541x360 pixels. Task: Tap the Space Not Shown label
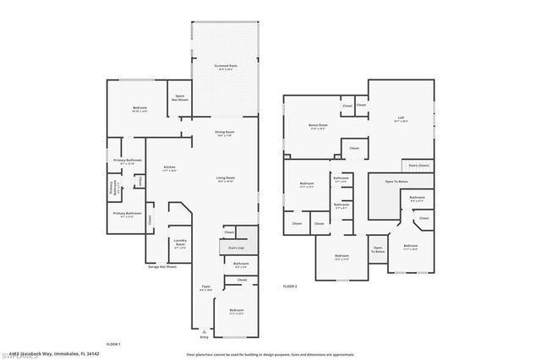point(180,98)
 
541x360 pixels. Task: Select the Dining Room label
point(224,133)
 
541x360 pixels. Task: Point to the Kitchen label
point(169,168)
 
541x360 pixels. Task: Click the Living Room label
point(225,178)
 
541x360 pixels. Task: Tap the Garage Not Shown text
point(161,266)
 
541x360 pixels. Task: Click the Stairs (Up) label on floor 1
point(236,248)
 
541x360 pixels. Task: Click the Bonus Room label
point(318,126)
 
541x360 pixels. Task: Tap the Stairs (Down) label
point(418,166)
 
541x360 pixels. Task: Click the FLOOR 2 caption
point(290,287)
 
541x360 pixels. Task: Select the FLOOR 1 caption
point(113,345)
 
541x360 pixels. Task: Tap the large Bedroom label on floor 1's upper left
point(139,109)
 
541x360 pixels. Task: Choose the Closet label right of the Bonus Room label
point(347,106)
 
